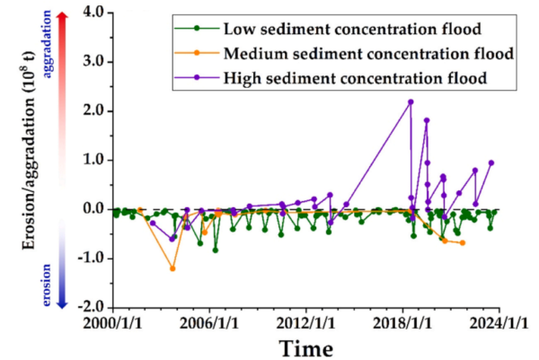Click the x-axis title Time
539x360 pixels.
click(305, 347)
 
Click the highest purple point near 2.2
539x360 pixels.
click(411, 101)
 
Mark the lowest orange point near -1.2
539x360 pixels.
click(172, 268)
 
